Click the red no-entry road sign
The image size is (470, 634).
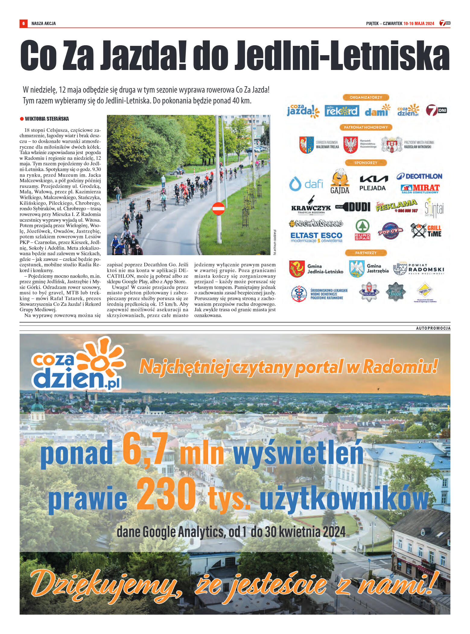click(x=218, y=209)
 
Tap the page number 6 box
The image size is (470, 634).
click(x=23, y=24)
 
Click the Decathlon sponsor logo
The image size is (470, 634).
click(x=419, y=176)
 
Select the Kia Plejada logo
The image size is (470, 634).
click(x=373, y=183)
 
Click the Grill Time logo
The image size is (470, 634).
click(x=426, y=231)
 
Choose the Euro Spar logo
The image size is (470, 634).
click(x=362, y=230)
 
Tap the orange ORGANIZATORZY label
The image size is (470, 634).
click(x=366, y=97)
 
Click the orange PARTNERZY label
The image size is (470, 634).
click(x=366, y=253)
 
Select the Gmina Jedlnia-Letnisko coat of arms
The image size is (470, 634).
click(x=297, y=269)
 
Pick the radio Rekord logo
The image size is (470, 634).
click(x=342, y=111)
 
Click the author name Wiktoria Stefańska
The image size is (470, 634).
click(x=47, y=119)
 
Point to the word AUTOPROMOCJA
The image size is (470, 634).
click(x=433, y=328)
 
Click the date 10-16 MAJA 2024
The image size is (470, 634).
click(x=419, y=24)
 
